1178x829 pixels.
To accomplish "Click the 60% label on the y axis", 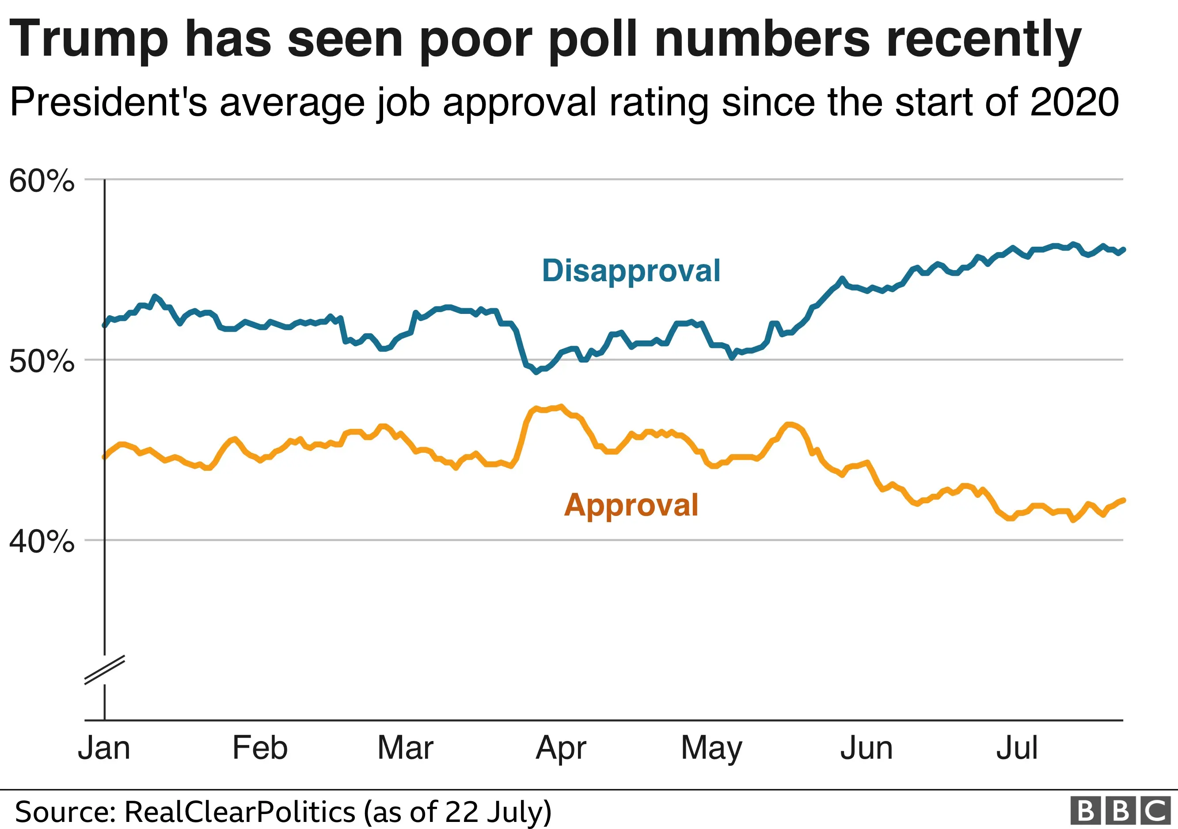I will coord(42,181).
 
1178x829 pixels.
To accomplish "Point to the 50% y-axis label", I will coord(42,361).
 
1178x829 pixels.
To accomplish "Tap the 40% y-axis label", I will coord(42,542).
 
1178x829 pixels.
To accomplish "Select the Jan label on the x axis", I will coord(104,748).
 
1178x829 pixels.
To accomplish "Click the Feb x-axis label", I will coord(260,748).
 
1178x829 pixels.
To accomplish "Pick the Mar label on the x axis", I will coord(405,748).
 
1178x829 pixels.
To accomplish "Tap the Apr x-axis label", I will coord(561,749).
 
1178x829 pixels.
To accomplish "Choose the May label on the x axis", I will coord(712,749).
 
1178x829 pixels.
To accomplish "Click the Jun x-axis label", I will coord(866,748).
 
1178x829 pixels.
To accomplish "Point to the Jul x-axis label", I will coord(1017,748).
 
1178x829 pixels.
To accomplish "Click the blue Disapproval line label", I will coord(631,271).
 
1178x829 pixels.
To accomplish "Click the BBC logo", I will coord(1121,812).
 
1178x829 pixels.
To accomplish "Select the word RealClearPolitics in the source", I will coord(240,812).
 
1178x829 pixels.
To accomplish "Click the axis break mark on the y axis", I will coord(105,670).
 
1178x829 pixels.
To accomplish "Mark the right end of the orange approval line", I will coord(1123,500).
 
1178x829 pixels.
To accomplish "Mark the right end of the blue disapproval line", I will coord(1123,250).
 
